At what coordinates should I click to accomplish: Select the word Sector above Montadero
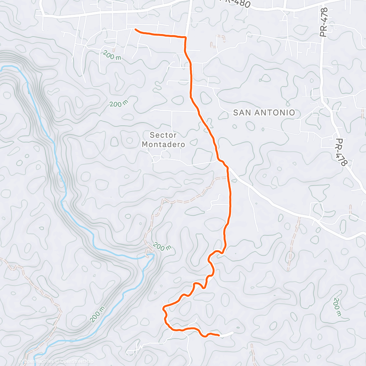(x=163, y=135)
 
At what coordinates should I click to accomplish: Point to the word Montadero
(x=163, y=144)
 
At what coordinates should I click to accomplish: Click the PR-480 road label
(x=235, y=3)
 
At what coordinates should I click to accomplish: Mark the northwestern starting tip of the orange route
(x=136, y=29)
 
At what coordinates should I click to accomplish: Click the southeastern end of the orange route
(x=219, y=335)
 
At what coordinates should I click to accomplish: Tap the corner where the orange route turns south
(x=185, y=37)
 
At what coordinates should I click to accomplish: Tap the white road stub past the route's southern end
(x=227, y=333)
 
